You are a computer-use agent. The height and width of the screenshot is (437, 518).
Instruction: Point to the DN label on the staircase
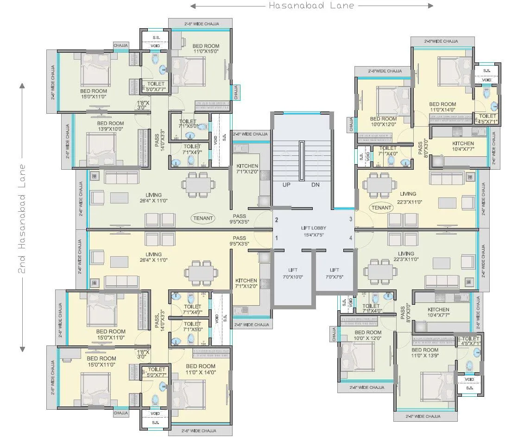point(315,185)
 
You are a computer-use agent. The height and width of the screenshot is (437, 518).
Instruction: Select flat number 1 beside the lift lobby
point(277,238)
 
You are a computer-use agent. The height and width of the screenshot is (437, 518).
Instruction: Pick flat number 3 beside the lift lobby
point(351,219)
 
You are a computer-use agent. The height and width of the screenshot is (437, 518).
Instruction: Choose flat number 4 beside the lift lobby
point(351,238)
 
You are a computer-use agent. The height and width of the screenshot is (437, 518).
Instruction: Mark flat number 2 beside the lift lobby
point(277,220)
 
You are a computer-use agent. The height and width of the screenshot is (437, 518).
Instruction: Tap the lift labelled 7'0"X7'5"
point(334,273)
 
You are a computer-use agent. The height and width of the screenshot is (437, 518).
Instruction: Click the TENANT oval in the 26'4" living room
point(202,218)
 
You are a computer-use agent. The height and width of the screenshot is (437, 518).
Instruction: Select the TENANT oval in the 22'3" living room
point(381,208)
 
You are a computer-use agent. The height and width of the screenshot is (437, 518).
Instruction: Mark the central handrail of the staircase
point(302,161)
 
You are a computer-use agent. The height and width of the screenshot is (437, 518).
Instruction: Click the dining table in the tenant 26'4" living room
point(198,184)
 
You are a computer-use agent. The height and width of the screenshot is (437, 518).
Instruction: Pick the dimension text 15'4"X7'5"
point(314,235)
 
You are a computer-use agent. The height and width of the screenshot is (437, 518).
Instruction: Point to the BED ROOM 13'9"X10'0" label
point(110,127)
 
